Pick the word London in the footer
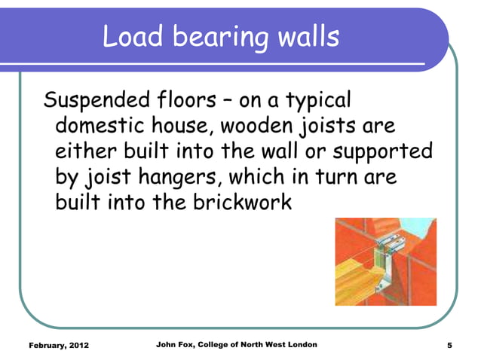[300, 345]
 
